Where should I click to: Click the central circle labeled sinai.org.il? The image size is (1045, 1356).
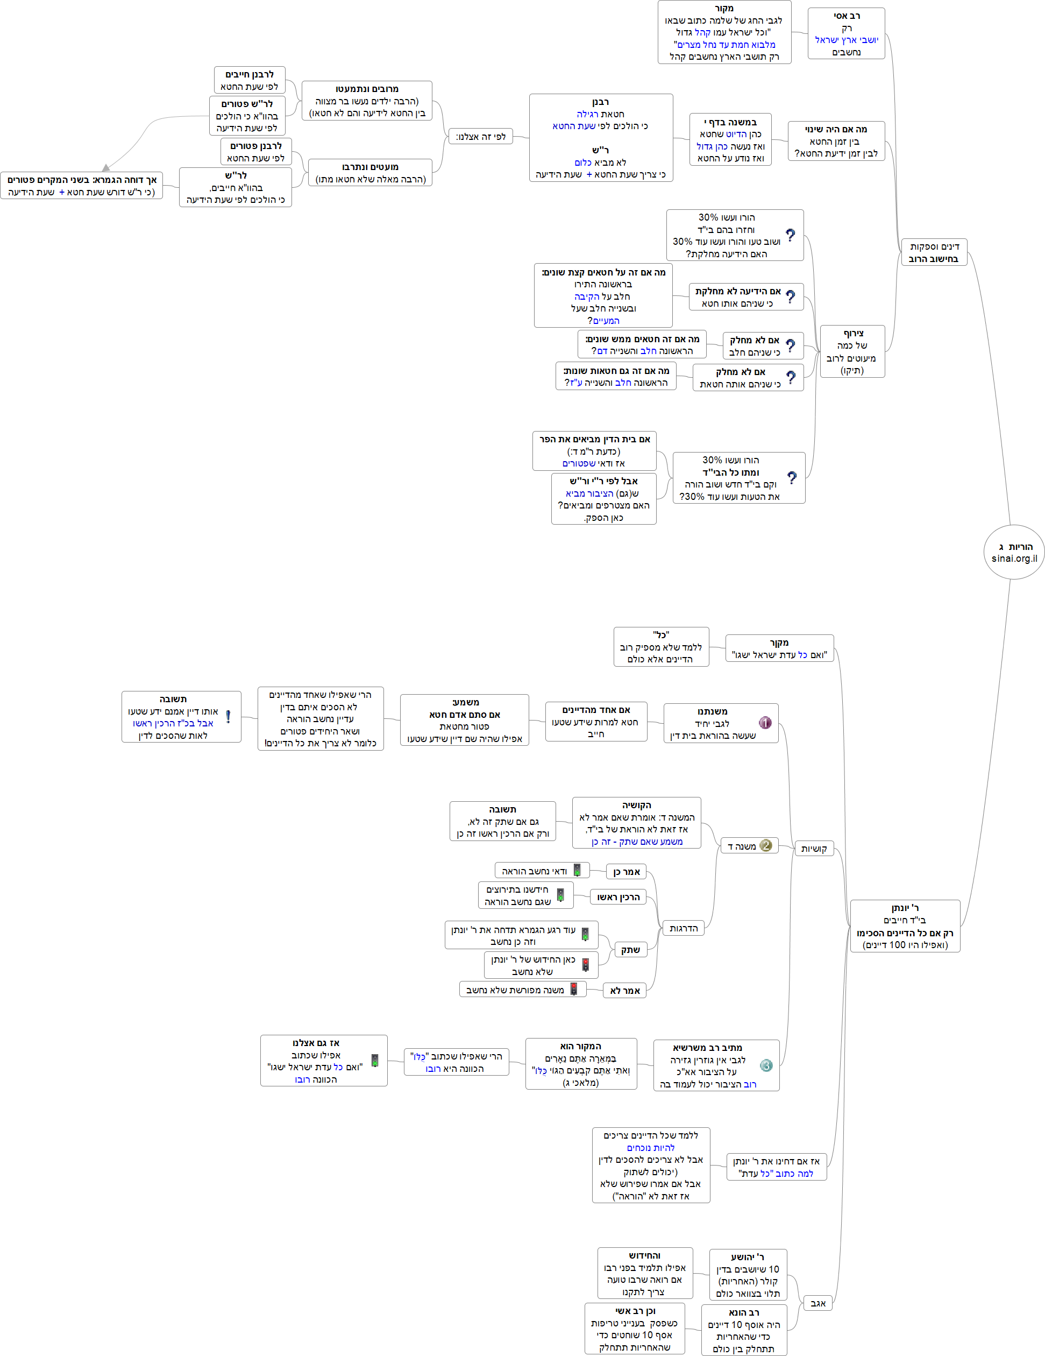1013,552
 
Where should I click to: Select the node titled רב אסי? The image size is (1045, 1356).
846,33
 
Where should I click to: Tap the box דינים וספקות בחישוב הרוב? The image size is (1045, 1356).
934,253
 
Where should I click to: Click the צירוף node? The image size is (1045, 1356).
852,351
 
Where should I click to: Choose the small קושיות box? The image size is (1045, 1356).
814,849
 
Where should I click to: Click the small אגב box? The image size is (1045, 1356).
818,1303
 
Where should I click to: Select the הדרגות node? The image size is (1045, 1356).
683,928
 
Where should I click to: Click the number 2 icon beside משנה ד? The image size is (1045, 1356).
766,846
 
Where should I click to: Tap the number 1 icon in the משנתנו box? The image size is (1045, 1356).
765,723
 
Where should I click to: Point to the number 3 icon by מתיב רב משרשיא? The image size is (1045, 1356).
766,1065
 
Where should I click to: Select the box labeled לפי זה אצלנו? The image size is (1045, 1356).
480,137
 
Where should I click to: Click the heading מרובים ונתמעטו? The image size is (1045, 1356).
367,89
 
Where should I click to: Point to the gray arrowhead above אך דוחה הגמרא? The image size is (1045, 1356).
106,167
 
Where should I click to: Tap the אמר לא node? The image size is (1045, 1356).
624,990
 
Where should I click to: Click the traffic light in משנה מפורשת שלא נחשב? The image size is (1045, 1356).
574,989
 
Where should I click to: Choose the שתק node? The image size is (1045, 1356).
630,950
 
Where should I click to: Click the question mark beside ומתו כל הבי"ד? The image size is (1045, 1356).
792,477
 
